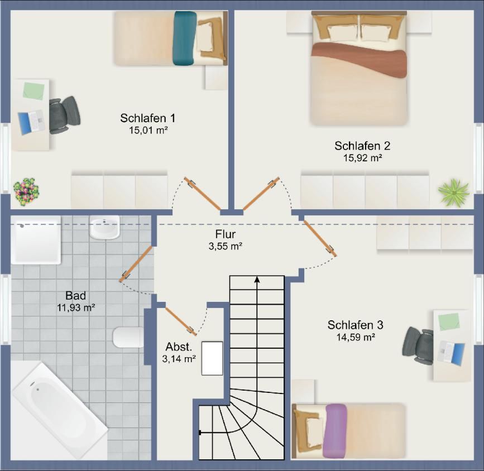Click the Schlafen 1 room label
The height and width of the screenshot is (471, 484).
148,118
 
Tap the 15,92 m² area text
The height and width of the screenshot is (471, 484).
363,158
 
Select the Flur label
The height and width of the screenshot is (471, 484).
226,234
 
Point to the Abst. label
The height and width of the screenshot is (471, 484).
179,347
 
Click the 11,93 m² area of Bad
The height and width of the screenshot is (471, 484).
75,307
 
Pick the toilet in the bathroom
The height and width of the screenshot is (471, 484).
128,337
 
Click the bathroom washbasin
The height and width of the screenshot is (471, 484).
104,227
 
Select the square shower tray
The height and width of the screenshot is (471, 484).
36,240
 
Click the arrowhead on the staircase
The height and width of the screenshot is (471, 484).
257,280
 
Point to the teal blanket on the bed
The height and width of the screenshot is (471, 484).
185,39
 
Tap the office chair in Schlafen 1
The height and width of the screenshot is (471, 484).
64,115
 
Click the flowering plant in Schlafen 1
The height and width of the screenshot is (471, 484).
26,191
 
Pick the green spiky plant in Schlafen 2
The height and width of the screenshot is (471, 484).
454,192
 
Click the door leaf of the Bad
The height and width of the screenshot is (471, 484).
136,264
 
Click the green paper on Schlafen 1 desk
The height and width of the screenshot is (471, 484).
33,90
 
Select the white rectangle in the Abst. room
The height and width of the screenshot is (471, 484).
212,358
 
